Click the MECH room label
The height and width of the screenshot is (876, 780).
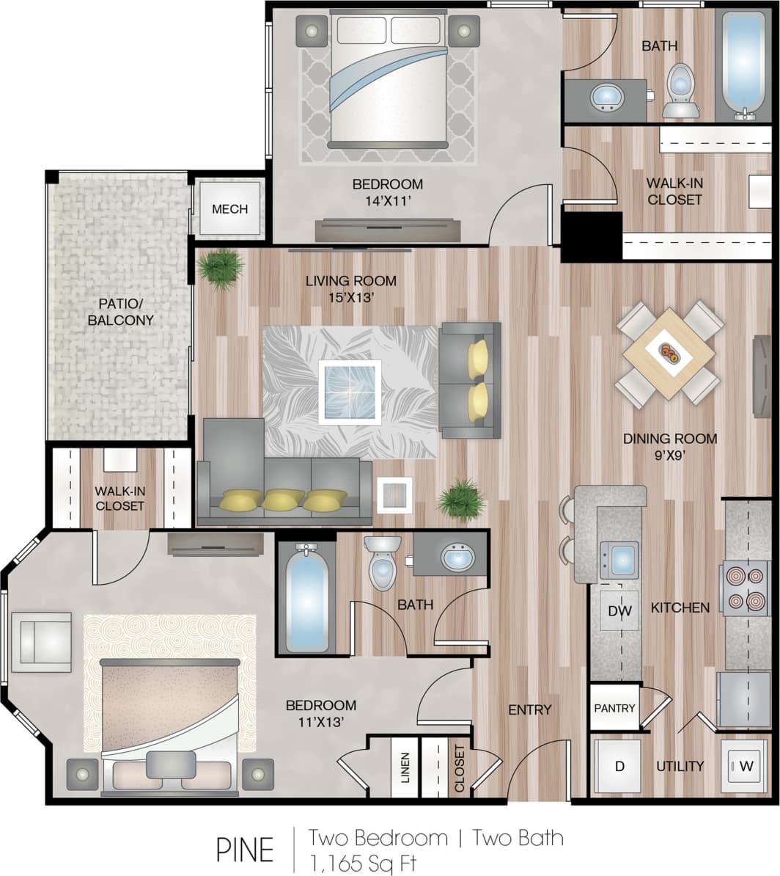click(x=229, y=209)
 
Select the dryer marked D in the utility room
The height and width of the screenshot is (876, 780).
click(x=619, y=767)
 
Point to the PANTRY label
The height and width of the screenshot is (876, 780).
click(x=614, y=708)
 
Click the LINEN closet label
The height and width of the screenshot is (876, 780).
click(x=405, y=767)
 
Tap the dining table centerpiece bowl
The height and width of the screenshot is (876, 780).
click(x=669, y=352)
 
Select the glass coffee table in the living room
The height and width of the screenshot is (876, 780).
click(x=350, y=392)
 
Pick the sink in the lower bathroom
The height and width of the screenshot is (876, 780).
click(x=457, y=556)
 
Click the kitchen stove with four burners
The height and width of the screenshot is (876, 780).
click(x=746, y=588)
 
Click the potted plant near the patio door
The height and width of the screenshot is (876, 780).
click(x=220, y=268)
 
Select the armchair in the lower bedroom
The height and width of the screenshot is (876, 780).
click(x=42, y=641)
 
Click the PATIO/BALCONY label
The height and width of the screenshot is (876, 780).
click(x=121, y=312)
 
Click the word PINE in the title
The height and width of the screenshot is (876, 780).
click(x=245, y=850)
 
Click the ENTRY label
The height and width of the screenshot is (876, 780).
click(x=529, y=709)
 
